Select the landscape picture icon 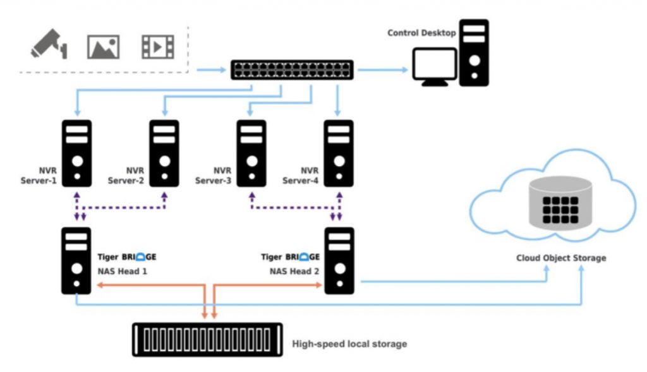click(103, 46)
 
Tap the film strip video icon click(157, 46)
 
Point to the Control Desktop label click(421, 33)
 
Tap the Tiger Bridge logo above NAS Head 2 click(291, 257)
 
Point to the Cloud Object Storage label click(561, 258)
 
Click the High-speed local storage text click(349, 344)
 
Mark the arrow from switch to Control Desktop click(382, 69)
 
